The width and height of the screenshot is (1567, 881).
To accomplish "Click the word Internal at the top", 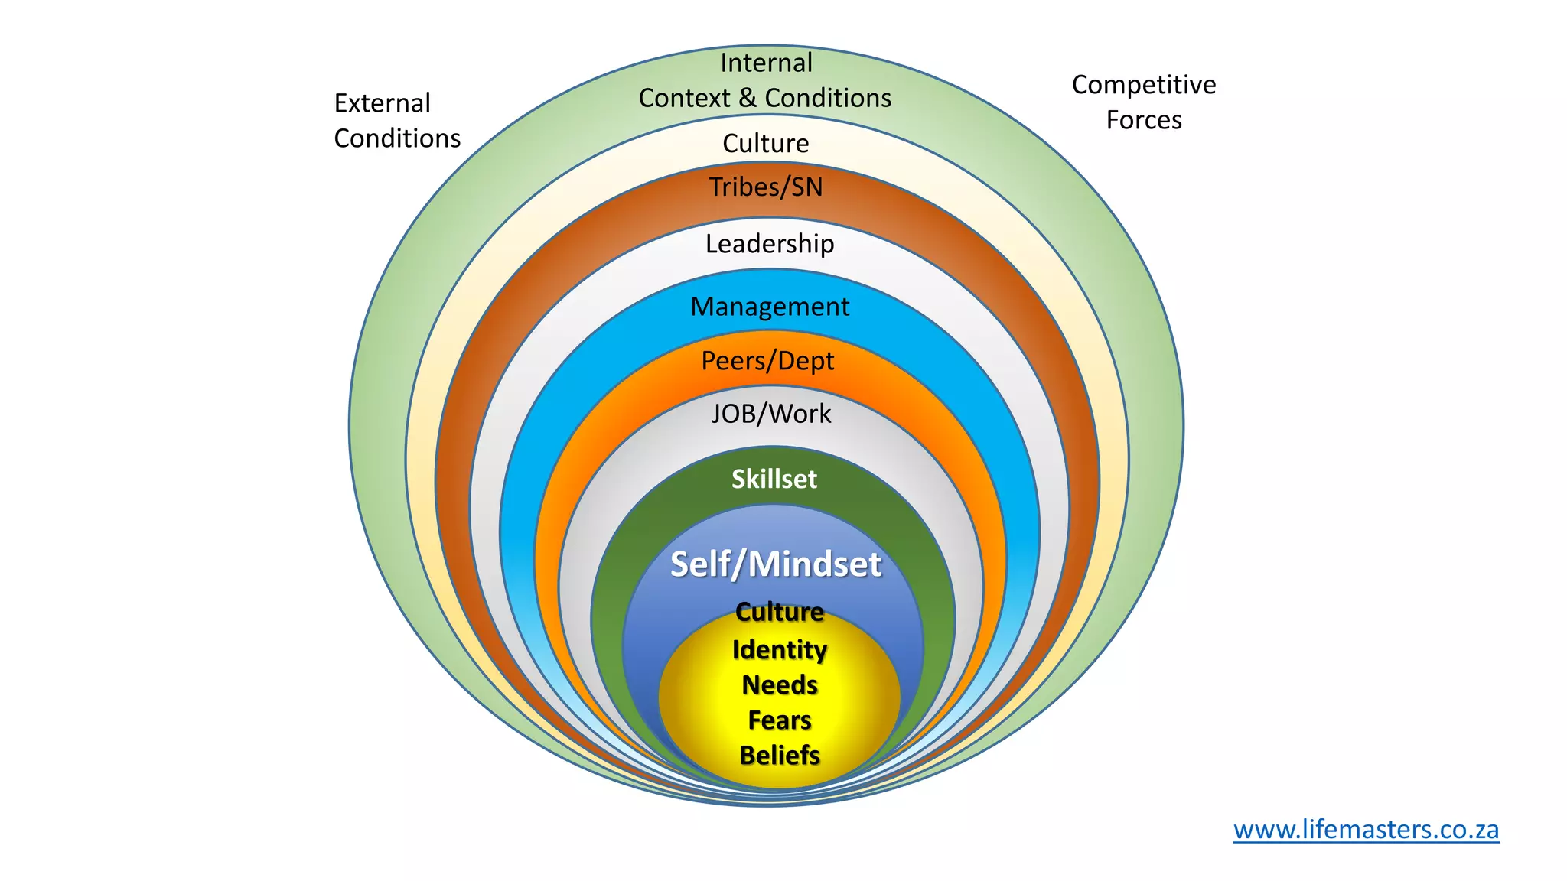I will [x=766, y=63].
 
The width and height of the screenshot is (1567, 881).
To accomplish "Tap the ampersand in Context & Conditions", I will [x=747, y=98].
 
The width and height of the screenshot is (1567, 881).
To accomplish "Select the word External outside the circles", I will [x=382, y=103].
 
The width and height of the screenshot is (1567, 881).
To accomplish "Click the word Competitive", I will [x=1143, y=85].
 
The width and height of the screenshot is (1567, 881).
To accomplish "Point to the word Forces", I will [x=1143, y=120].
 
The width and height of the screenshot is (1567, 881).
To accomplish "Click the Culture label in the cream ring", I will [x=765, y=144].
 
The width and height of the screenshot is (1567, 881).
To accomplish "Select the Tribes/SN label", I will [x=765, y=187].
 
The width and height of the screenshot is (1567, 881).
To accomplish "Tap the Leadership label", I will [x=769, y=244].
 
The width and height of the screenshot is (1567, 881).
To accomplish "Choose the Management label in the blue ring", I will [x=769, y=307].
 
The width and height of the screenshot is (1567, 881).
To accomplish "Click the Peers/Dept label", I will [x=767, y=361].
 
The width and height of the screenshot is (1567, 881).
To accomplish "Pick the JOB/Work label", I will [x=770, y=414].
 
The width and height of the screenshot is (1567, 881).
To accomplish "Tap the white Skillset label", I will [x=774, y=480].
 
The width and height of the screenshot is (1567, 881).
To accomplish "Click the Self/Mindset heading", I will [x=775, y=564].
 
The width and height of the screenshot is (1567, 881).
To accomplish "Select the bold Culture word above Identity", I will [x=779, y=612].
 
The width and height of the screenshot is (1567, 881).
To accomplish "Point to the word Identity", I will [x=779, y=650].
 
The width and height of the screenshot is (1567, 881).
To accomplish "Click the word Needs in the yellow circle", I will [x=779, y=685].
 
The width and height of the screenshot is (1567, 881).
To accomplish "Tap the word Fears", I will [x=779, y=720].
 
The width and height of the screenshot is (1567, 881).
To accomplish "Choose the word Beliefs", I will [x=779, y=756].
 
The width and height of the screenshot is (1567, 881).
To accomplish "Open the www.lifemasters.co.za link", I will [x=1366, y=830].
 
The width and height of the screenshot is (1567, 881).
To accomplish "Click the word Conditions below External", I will [x=397, y=138].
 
